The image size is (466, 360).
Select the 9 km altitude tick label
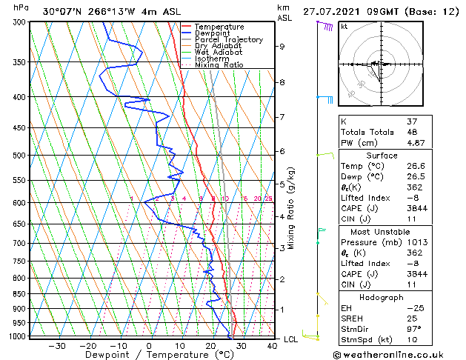282,47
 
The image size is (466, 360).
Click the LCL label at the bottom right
292,339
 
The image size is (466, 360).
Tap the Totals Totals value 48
412,132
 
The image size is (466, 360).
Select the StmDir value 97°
415,329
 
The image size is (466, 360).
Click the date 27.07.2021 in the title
330,12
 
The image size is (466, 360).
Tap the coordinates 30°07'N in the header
62,12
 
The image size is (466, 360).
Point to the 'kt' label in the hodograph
344,26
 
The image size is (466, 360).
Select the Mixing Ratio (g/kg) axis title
291,208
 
